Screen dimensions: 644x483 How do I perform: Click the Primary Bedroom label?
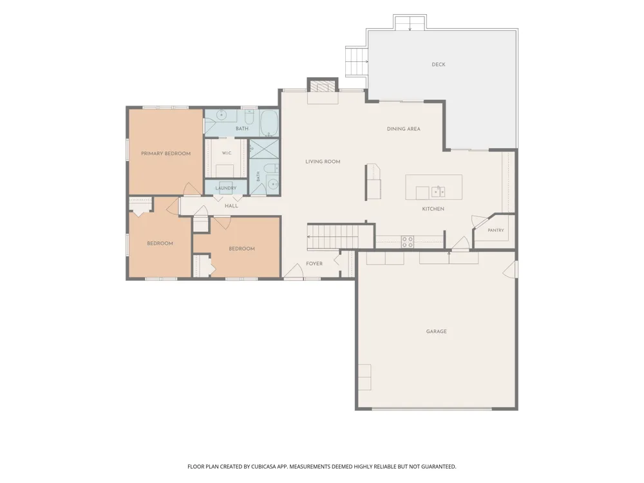[x=166, y=154]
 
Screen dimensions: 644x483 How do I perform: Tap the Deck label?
[x=438, y=64]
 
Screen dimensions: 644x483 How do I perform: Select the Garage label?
[x=436, y=332]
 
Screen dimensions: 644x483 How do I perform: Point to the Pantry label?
[x=496, y=231]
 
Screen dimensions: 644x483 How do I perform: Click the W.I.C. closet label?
[x=227, y=153]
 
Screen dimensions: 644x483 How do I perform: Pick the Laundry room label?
[x=226, y=188]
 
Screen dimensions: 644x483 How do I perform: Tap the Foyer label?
[x=314, y=263]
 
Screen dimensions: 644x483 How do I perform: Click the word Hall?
[x=231, y=206]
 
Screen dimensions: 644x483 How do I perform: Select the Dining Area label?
[x=403, y=129]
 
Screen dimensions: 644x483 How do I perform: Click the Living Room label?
[x=323, y=162]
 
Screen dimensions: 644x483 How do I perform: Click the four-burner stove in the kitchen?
[x=408, y=242]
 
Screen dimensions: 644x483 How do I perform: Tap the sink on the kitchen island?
[x=438, y=191]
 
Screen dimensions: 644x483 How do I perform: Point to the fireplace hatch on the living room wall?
[x=323, y=86]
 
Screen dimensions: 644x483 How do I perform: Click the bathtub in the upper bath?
[x=269, y=123]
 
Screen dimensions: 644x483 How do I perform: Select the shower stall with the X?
[x=264, y=149]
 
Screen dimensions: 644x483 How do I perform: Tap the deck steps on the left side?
[x=355, y=62]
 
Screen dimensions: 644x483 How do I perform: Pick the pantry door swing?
[x=478, y=222]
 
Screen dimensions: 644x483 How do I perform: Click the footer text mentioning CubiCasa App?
[x=321, y=466]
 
